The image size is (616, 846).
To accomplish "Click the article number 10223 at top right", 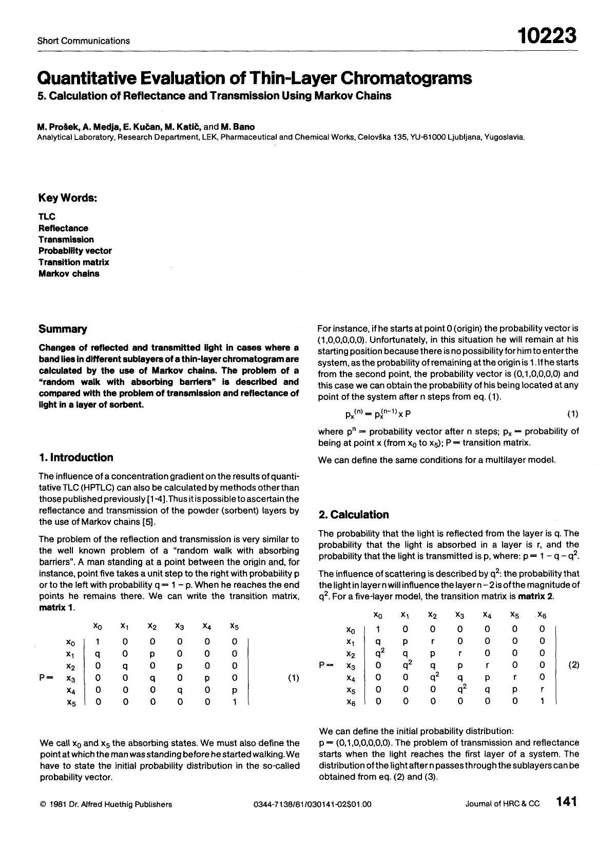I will pos(547,36).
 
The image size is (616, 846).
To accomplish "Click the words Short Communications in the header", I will pos(83,41).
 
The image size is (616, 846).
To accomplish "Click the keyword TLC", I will pos(47,217).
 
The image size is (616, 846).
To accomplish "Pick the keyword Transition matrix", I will pos(74,262).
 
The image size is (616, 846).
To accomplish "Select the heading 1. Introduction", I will pos(76,457).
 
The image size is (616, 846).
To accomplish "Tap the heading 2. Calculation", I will pos(353,514).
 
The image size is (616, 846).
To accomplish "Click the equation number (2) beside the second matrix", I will pos(574,665).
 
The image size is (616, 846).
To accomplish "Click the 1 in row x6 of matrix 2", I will pos(542,701).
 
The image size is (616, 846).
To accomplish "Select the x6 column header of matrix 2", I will pos(542,615).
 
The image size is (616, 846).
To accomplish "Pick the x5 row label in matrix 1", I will pos(71,703).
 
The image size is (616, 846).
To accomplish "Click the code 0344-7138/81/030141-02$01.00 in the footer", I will pos(312,804).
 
